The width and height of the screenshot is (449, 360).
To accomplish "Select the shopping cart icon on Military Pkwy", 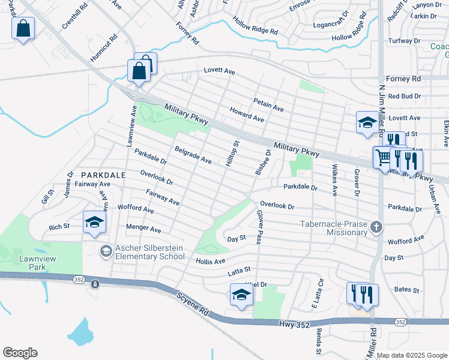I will (383, 158).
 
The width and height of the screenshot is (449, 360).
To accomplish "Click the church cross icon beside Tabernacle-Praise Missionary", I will (376, 227).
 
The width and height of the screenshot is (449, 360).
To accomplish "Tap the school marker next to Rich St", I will (94, 223).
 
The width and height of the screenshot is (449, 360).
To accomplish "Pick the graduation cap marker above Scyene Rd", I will (241, 295).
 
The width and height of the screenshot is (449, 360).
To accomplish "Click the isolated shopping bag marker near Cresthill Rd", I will (23, 28).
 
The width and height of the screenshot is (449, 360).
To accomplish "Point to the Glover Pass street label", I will (259, 227).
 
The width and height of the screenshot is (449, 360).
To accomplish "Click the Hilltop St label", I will (231, 154).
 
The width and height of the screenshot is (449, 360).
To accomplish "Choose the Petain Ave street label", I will (268, 105).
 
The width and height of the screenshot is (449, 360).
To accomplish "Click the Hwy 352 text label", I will (294, 325).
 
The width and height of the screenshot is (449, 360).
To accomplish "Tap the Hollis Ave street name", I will (210, 261).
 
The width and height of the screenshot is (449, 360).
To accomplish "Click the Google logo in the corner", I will (20, 353).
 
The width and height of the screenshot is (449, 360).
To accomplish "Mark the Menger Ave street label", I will (143, 229).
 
